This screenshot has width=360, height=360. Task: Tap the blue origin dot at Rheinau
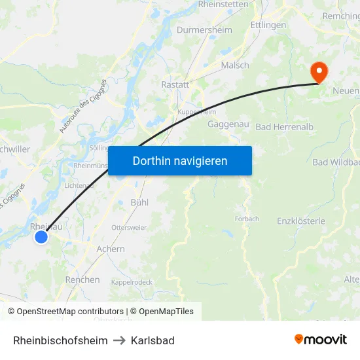coord(41,237)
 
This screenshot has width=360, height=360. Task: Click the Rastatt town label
coord(175,84)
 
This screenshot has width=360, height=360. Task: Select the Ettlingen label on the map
coord(268,25)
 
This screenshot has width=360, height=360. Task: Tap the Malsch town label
coord(235,65)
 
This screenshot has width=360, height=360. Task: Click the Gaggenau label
coord(226,124)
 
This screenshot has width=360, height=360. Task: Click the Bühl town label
coord(139,202)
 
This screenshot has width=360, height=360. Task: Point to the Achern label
coord(110,249)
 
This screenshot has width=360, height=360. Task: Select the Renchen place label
coord(82,279)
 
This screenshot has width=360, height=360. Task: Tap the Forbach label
coord(247,219)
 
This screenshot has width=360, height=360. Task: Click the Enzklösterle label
coord(301,221)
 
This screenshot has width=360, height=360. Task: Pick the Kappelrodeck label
coord(132,282)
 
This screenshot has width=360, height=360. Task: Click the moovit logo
coord(321,340)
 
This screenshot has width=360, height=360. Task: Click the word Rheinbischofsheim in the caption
coord(60,340)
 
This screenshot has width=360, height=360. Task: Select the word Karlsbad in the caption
coord(153,340)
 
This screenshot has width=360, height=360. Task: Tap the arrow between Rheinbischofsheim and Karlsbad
coord(119,340)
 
